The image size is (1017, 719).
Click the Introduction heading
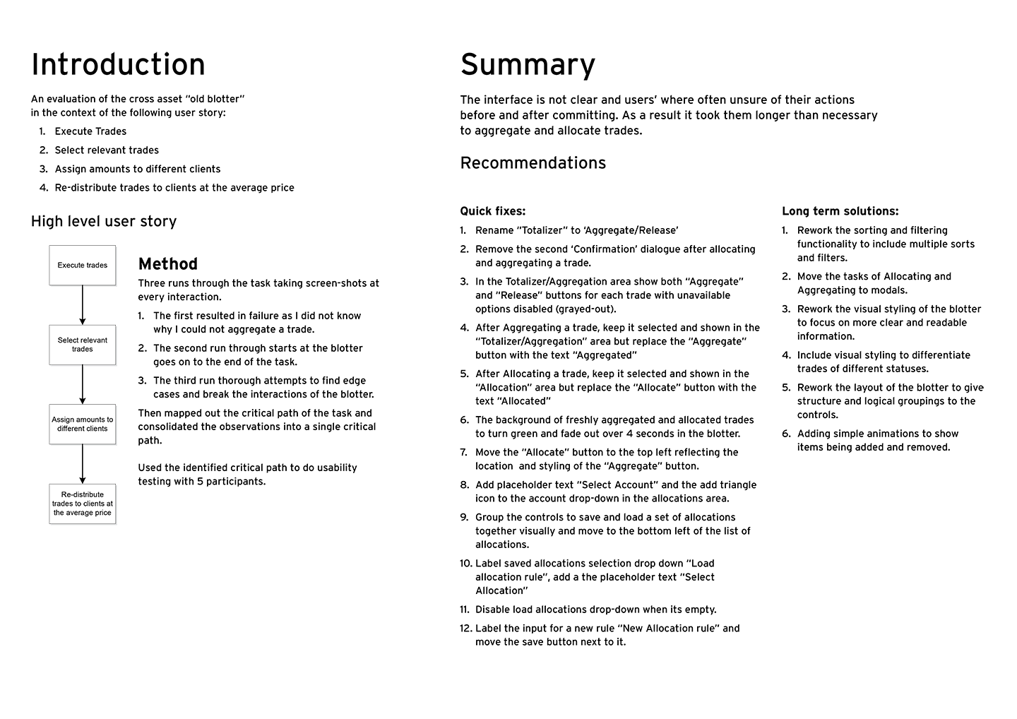(x=118, y=64)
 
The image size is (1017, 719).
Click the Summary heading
(x=528, y=64)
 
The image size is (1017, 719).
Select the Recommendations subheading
(x=533, y=163)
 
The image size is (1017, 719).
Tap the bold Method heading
(x=168, y=264)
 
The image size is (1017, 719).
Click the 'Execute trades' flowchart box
(x=83, y=266)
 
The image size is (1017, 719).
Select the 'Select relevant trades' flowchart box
(x=83, y=345)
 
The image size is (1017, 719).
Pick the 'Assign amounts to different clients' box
(x=83, y=424)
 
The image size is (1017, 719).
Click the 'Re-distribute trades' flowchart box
(x=83, y=504)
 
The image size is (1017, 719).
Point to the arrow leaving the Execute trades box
(x=83, y=304)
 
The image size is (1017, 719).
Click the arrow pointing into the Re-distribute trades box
(x=83, y=463)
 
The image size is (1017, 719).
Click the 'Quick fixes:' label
(x=492, y=211)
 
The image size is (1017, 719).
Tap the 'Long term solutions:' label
(x=840, y=211)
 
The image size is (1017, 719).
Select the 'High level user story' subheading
(x=104, y=222)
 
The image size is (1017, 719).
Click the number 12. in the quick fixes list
(x=465, y=629)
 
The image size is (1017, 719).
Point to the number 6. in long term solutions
(x=786, y=434)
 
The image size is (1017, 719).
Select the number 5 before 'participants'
(x=200, y=482)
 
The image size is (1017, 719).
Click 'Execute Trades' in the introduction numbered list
(x=90, y=131)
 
